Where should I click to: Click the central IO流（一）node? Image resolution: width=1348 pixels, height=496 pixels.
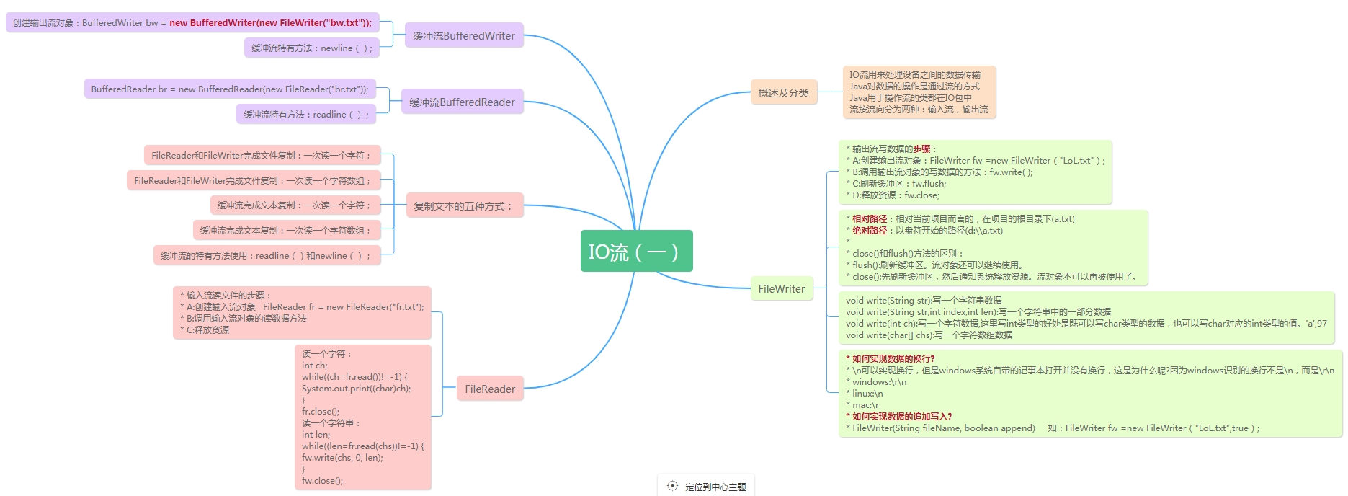(636, 251)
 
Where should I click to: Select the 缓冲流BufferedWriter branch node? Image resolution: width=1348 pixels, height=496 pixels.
(463, 35)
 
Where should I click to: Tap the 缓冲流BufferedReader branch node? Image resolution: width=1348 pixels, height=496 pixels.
(462, 102)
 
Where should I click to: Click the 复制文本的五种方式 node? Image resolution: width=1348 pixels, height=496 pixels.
(464, 206)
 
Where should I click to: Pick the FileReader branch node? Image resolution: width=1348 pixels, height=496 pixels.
(490, 389)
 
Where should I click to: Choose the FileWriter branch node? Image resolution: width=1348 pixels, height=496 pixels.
(781, 288)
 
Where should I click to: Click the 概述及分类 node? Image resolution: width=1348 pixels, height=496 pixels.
(783, 92)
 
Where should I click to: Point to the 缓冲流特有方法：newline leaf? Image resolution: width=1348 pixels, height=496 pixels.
(311, 48)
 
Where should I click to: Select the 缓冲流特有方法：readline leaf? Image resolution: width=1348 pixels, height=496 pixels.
(305, 114)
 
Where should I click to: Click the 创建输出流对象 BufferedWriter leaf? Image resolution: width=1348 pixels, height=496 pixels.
(192, 22)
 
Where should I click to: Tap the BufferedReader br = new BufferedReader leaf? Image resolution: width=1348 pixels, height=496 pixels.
(230, 89)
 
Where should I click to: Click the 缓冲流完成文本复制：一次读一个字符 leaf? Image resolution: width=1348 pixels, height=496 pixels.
(295, 205)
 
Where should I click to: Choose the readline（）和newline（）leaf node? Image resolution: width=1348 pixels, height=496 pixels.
(267, 255)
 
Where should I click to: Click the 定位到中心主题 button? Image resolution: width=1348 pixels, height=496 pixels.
(707, 487)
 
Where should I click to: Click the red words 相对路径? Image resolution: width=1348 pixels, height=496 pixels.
(869, 218)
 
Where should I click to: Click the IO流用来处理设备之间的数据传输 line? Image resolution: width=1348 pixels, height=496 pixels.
(914, 74)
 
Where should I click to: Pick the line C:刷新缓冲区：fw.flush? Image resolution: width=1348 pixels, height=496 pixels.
(899, 183)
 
